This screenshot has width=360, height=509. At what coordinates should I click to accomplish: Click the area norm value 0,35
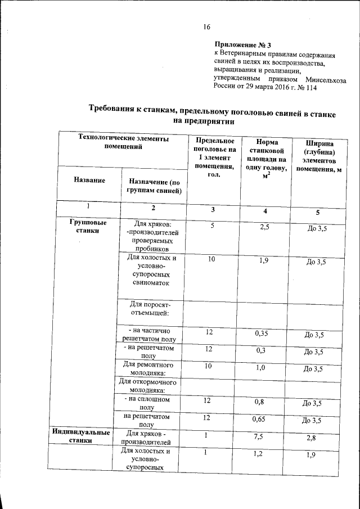(262, 334)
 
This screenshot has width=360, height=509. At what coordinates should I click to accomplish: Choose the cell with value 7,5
(262, 436)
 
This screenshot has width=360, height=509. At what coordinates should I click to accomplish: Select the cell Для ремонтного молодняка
(148, 368)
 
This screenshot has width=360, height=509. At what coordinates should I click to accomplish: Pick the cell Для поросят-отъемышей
(148, 309)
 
